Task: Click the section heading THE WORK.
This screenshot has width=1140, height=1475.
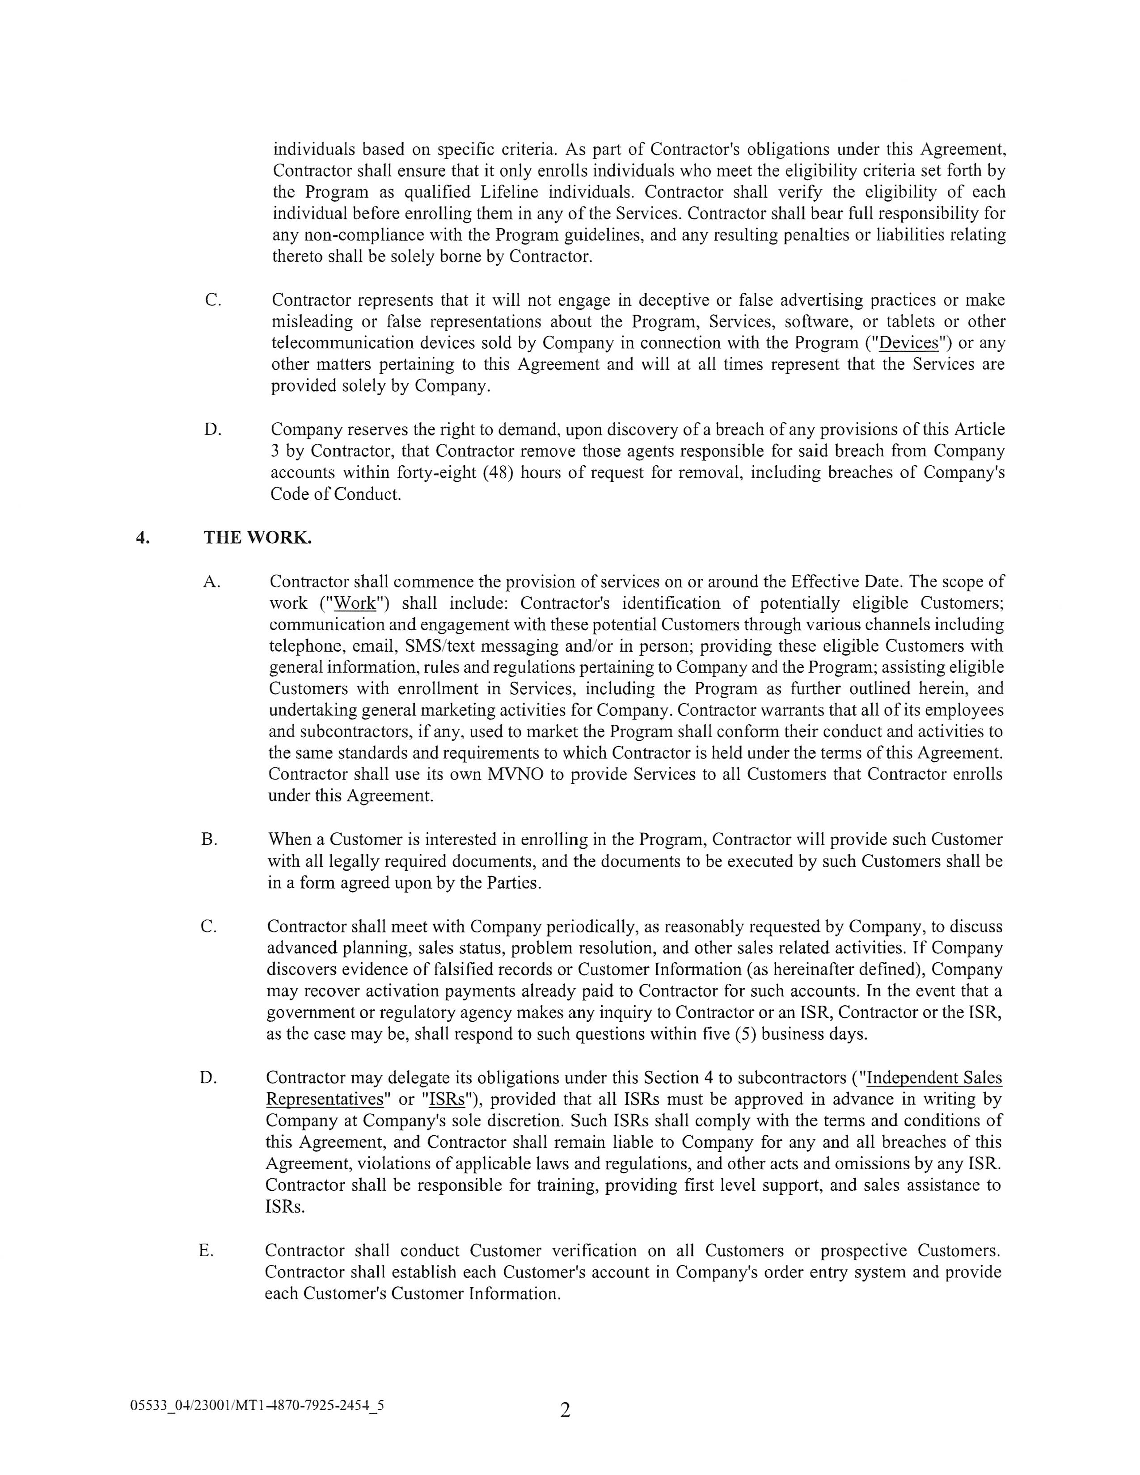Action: coord(258,538)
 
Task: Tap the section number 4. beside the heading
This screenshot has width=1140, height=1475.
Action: coord(142,538)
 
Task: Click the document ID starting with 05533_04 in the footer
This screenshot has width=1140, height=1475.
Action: coord(257,1406)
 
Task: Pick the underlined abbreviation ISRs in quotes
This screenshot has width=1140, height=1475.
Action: coord(447,1100)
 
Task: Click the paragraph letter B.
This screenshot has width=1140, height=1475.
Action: coord(209,839)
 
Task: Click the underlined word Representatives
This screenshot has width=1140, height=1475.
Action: coord(324,1100)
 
